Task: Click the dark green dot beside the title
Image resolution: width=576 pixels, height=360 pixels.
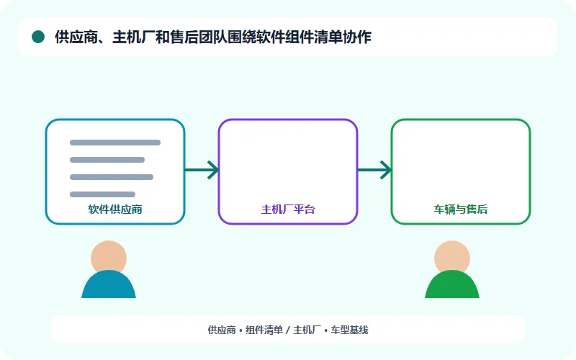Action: tap(38, 37)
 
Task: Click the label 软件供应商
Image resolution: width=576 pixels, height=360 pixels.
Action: tap(115, 210)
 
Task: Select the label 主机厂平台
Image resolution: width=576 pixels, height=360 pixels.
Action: tap(288, 210)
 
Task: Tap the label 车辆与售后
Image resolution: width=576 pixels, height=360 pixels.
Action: tap(461, 210)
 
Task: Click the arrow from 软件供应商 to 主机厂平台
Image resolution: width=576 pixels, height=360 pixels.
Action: tap(202, 170)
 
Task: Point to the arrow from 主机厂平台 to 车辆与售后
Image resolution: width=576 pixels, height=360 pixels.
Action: tap(374, 170)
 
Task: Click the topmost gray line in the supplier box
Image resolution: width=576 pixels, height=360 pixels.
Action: tap(115, 143)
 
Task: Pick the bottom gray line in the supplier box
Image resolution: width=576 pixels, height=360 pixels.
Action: tap(102, 194)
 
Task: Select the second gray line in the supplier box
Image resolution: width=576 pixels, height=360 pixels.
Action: tap(107, 160)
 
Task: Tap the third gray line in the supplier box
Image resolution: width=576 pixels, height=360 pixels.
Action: tap(112, 177)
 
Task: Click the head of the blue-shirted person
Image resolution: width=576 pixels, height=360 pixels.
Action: tap(109, 257)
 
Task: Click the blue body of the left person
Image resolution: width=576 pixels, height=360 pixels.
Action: tap(109, 285)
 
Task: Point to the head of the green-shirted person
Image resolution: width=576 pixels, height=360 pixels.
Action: tap(452, 257)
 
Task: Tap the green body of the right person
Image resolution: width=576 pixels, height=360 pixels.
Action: tap(452, 285)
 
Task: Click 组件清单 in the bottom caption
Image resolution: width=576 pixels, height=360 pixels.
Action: tap(264, 330)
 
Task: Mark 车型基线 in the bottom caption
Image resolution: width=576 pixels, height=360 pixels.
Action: tap(349, 330)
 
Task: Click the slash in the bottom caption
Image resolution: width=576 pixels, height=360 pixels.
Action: tap(288, 330)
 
